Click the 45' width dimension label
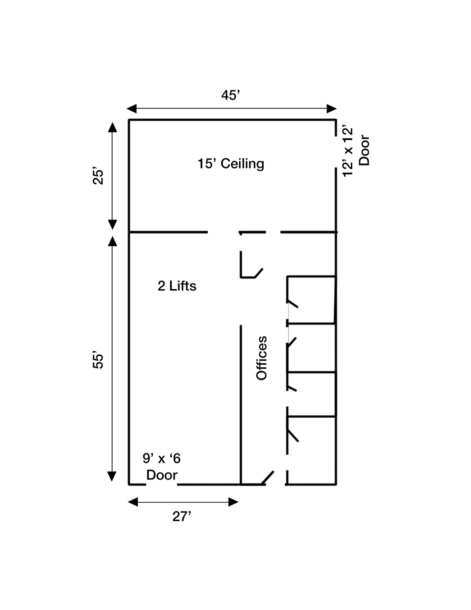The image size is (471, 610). pos(230,95)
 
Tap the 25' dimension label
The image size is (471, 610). pos(98,176)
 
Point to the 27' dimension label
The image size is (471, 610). pos(182,516)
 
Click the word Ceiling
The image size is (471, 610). pos(242,164)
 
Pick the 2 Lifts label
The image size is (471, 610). pos(177,286)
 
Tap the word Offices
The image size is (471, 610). pos(261,358)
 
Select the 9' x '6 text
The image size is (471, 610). pos(162,458)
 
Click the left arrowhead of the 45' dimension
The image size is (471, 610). pos(132,108)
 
